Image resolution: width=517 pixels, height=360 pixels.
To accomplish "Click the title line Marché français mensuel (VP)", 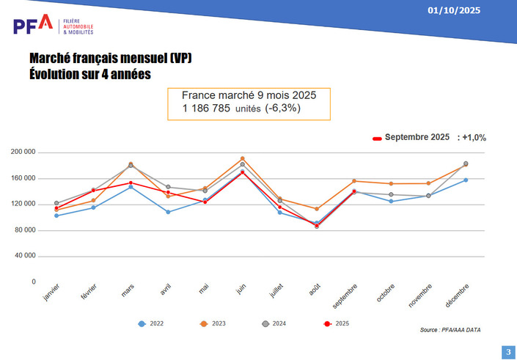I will [111, 58].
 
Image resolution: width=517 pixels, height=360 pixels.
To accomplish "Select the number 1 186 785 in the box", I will [207, 109].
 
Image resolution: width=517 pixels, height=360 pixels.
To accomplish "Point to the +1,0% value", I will [472, 137].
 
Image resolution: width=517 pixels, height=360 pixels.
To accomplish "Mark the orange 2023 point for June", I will [243, 158].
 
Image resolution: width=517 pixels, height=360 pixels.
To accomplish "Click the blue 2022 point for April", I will [169, 212].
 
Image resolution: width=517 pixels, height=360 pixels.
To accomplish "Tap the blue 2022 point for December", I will [466, 180].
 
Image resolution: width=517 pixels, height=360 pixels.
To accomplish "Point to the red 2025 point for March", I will [131, 183].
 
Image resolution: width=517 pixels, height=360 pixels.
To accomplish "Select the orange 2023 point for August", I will [317, 209].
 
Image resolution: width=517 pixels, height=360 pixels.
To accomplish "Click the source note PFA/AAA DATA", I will [450, 331].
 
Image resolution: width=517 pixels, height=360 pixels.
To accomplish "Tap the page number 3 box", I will [507, 352].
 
